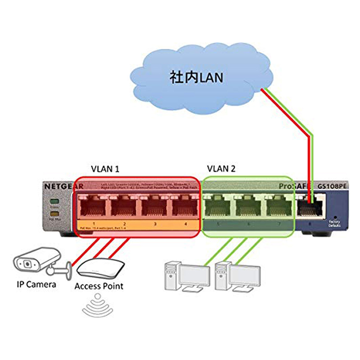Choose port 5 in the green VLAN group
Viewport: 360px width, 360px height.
click(219, 207)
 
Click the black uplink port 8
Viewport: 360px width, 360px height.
click(311, 207)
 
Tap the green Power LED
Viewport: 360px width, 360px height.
click(56, 202)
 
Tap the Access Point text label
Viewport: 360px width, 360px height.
click(99, 286)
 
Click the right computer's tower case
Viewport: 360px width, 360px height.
click(220, 275)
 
